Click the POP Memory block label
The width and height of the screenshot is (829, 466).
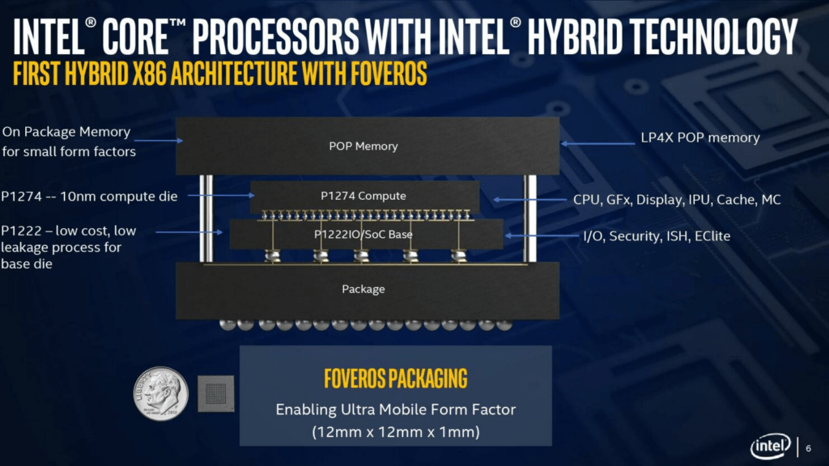point(363,146)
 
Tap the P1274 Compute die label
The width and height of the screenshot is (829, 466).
point(363,196)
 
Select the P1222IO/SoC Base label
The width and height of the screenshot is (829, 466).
point(363,234)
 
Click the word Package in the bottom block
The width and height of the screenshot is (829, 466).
point(363,289)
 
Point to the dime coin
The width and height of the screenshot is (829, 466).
point(161,394)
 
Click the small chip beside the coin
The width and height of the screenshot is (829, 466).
point(215,394)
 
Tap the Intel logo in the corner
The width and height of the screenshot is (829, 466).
point(771,447)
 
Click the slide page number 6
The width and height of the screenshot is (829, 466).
point(809,448)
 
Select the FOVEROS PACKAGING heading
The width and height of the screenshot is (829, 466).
point(395,379)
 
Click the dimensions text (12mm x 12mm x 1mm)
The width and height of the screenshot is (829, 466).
point(395,432)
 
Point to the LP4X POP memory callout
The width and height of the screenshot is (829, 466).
point(700,138)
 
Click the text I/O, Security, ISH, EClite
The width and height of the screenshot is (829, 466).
point(657,236)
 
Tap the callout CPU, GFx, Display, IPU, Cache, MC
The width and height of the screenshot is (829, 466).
point(677,200)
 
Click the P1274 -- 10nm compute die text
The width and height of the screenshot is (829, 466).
point(89,197)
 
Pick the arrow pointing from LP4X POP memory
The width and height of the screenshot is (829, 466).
point(597,143)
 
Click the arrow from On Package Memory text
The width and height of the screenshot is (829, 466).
point(159,141)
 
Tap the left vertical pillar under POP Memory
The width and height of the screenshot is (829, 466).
point(206,218)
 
